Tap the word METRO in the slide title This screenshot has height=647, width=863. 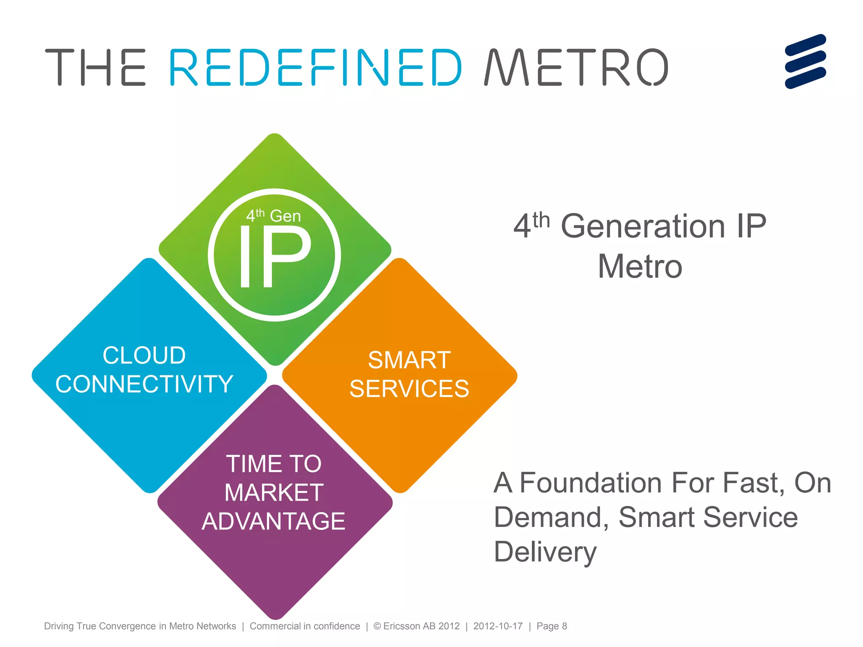click(x=576, y=67)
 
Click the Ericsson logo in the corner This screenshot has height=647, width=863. click(x=805, y=61)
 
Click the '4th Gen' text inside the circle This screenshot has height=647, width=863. click(x=273, y=216)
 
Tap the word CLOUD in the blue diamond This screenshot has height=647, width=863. click(x=144, y=355)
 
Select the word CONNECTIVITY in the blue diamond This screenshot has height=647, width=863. click(x=144, y=384)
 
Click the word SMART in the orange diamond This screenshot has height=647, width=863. click(x=409, y=360)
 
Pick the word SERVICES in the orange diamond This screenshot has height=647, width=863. click(x=409, y=388)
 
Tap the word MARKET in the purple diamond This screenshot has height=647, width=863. click(x=274, y=492)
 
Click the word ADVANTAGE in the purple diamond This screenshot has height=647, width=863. click(x=274, y=521)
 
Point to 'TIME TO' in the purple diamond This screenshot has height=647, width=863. click(x=274, y=464)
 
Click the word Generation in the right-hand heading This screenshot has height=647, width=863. click(x=643, y=226)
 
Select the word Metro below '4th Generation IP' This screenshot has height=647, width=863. click(x=640, y=266)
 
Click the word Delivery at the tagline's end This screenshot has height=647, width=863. click(x=545, y=552)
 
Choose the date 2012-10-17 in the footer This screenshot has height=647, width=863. click(x=498, y=626)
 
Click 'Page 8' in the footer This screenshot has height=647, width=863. click(x=552, y=626)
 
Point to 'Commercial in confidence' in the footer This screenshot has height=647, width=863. click(x=305, y=626)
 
